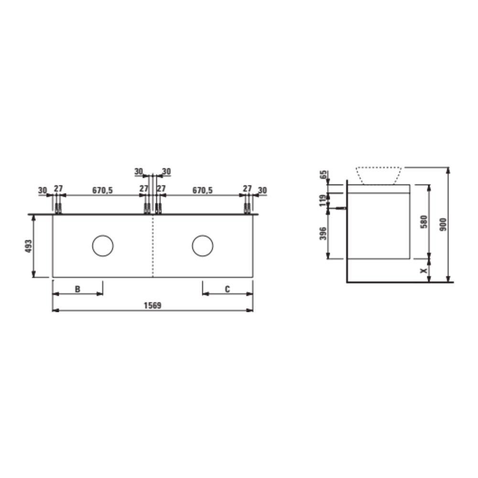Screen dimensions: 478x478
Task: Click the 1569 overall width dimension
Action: point(152,305)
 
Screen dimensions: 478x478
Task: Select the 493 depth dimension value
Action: point(28,246)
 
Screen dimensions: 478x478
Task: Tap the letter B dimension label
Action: point(77,289)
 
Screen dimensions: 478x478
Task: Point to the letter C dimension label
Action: point(228,289)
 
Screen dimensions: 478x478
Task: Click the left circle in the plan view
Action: point(103,235)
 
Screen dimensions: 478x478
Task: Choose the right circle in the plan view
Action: point(202,235)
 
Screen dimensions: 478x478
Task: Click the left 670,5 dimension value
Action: point(102,190)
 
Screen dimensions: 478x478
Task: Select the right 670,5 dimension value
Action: point(202,190)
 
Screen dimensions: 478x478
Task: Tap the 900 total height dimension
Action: point(443,224)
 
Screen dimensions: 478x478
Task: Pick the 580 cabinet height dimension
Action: point(424,222)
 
